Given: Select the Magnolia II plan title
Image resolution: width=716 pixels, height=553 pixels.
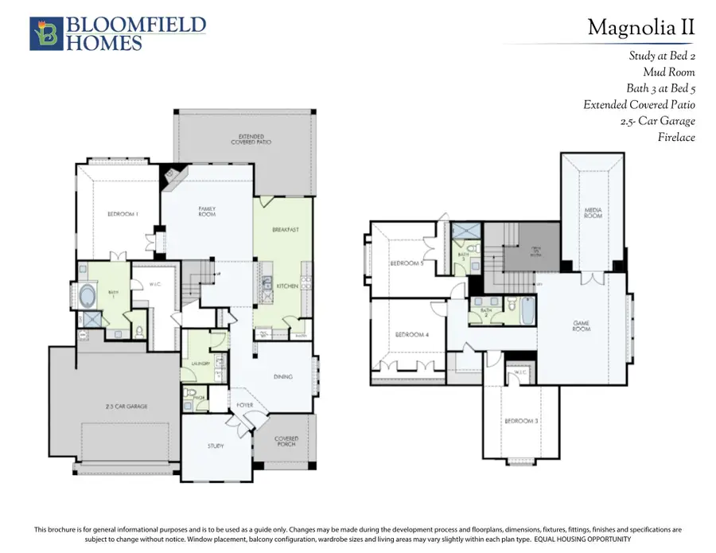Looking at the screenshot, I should click(640, 28).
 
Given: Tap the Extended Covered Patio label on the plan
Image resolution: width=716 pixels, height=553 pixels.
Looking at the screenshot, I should click(251, 139).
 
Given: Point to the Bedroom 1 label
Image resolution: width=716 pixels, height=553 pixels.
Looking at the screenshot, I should click(123, 213).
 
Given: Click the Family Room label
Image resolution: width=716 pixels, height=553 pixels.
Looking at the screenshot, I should click(207, 211).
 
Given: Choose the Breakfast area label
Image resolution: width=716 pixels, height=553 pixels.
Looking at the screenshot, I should click(285, 229).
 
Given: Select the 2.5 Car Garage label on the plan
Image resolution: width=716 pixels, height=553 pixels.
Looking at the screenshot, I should click(126, 406).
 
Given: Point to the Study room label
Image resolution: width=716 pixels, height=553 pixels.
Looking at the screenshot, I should click(216, 446).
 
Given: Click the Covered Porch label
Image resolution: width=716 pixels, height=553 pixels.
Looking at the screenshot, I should click(286, 441).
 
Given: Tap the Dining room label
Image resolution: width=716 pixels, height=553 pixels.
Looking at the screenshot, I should click(282, 376).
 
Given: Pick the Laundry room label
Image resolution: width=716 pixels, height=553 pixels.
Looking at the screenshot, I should click(200, 364).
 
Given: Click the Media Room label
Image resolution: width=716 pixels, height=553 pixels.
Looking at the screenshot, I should click(593, 213).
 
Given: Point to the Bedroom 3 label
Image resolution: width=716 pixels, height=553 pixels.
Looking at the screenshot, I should click(521, 420).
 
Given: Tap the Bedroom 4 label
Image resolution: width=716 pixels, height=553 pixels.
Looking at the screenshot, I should click(411, 335).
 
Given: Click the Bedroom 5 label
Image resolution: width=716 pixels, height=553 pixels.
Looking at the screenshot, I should click(406, 263).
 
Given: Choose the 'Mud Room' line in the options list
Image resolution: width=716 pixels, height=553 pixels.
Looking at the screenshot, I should click(669, 72).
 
